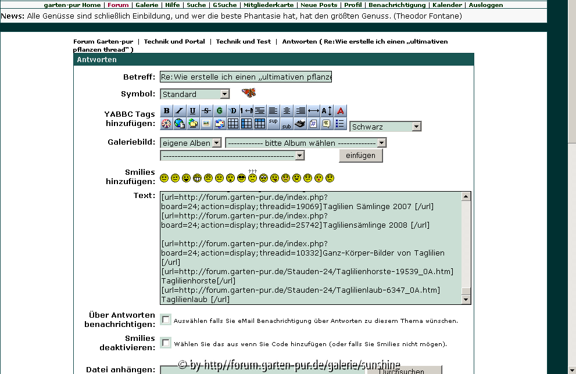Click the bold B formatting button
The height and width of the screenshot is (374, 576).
(x=167, y=110)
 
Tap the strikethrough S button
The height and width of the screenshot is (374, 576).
(x=206, y=110)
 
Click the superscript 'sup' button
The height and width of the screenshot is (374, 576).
(x=273, y=123)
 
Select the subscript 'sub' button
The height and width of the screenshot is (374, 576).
(x=287, y=123)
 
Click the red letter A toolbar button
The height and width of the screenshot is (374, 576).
(x=341, y=110)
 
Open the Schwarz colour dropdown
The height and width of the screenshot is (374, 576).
(x=385, y=127)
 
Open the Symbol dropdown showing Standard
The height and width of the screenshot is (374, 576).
(x=195, y=94)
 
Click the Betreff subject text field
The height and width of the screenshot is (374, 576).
(x=246, y=77)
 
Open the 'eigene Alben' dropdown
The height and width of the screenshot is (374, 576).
(x=191, y=143)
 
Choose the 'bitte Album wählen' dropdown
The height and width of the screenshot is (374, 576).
(x=306, y=143)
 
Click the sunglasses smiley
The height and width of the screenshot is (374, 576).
(x=242, y=178)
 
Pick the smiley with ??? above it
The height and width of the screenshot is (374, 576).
(x=252, y=177)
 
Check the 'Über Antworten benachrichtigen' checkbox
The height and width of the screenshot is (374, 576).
(x=166, y=319)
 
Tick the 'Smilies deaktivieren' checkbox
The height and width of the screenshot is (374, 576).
(x=166, y=343)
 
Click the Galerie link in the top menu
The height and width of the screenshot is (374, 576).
(x=146, y=5)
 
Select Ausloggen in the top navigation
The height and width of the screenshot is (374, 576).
(x=486, y=5)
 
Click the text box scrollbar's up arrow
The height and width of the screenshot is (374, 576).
(x=466, y=196)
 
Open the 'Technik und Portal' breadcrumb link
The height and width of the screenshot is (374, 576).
(x=174, y=42)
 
